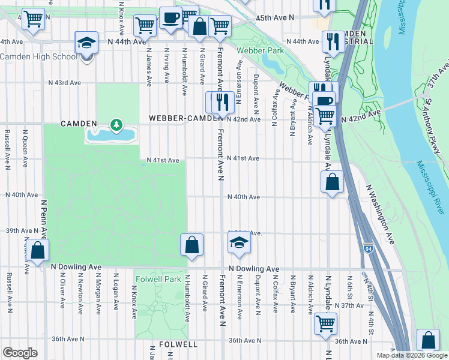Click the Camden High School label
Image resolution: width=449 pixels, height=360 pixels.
(x=38, y=56)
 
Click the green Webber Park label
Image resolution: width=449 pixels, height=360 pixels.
(x=259, y=51)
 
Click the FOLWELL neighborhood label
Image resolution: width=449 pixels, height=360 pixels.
(x=178, y=344)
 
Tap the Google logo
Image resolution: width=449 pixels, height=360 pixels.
(x=20, y=352)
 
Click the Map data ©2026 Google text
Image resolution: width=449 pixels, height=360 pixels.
(x=412, y=355)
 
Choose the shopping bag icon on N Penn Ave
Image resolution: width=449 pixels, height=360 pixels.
(x=37, y=251)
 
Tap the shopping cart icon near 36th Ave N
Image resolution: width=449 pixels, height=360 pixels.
(x=325, y=323)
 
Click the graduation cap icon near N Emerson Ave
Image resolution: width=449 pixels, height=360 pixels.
(x=238, y=243)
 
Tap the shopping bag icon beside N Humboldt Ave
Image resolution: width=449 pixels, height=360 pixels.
(x=191, y=245)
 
